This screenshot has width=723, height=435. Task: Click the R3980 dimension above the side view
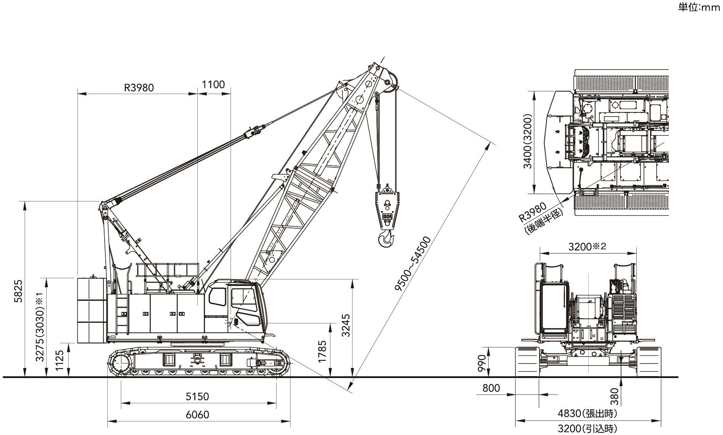pyautogui.click(x=139, y=88)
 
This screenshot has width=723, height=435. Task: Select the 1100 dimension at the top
pyautogui.click(x=213, y=84)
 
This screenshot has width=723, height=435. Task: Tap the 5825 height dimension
pyautogui.click(x=18, y=292)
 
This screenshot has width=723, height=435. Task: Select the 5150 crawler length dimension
pyautogui.click(x=197, y=396)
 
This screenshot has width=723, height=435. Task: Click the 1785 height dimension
pyautogui.click(x=322, y=351)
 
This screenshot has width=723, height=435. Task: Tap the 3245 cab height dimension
pyautogui.click(x=345, y=325)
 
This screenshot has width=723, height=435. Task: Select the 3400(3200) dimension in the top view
pyautogui.click(x=528, y=141)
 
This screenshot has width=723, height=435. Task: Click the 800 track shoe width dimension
pyautogui.click(x=491, y=388)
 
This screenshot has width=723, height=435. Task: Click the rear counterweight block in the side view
pyautogui.click(x=92, y=310)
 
